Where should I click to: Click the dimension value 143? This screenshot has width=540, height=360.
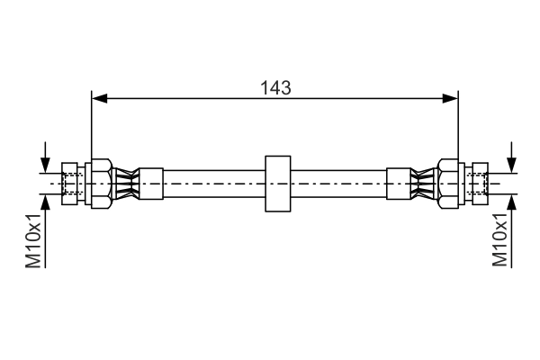point(275,87)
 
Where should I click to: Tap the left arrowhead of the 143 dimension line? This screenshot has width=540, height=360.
point(98,97)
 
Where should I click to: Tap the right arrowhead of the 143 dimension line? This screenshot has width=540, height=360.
point(453,97)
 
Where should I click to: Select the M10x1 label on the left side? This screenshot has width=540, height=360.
point(33,241)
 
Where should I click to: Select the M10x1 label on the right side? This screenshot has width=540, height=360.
point(500,241)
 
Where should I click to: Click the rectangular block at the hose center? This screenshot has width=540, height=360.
point(276,184)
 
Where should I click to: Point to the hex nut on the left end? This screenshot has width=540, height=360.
point(99,184)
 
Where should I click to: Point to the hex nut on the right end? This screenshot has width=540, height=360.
point(448,184)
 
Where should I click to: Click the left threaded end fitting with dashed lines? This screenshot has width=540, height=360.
point(71,184)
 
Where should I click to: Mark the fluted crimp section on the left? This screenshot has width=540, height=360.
point(127,184)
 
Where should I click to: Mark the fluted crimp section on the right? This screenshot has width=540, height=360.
point(420,184)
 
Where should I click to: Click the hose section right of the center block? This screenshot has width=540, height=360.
point(337,184)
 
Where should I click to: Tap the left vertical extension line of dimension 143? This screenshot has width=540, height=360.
point(92,126)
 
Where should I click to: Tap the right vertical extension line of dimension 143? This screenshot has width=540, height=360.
point(458,126)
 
